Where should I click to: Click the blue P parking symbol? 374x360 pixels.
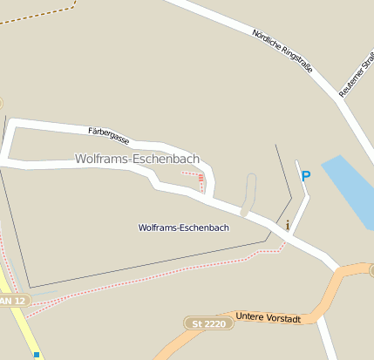(305, 176)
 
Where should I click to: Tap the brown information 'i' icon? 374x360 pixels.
(287, 225)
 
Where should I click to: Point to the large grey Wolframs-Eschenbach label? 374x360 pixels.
(137, 159)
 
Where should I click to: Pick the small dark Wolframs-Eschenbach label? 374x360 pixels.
(183, 228)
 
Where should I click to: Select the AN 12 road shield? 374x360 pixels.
(13, 300)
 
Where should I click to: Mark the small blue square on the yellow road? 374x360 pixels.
(37, 355)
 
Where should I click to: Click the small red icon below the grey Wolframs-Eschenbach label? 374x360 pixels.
(201, 178)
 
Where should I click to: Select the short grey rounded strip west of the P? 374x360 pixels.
(249, 194)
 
